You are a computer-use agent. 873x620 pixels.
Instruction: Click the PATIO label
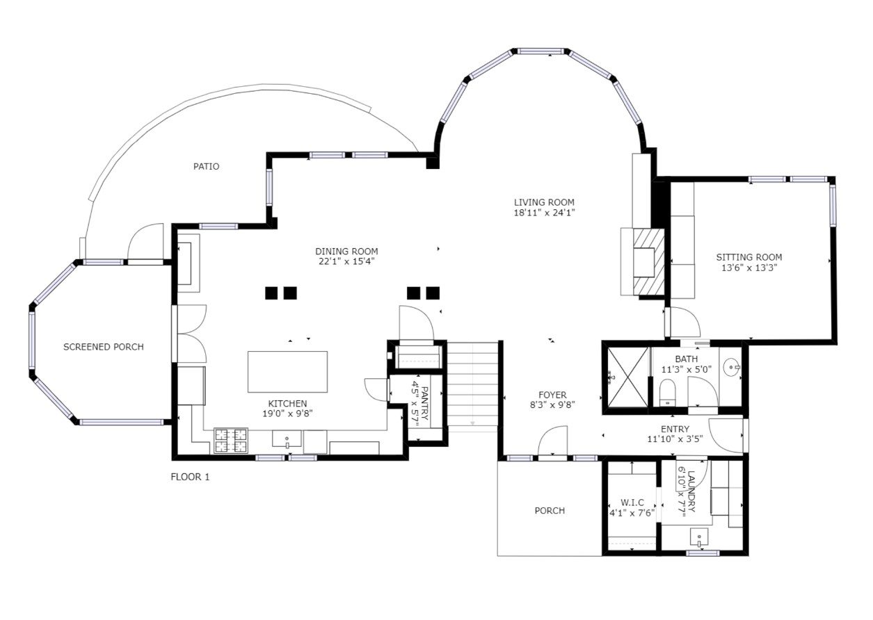206,167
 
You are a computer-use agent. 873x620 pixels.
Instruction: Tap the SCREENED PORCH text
103,347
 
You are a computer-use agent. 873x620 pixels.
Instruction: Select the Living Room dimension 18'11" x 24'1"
545,213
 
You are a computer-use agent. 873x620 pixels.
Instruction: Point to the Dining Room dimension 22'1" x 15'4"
346,261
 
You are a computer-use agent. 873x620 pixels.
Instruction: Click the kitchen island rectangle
287,372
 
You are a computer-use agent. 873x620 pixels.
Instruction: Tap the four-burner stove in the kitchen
231,441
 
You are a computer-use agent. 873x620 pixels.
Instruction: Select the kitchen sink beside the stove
287,439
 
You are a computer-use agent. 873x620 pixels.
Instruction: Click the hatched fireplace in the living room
648,263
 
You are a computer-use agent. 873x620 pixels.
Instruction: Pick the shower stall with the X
627,377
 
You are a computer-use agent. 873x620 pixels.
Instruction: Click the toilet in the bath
667,393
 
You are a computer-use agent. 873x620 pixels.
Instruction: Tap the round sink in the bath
732,367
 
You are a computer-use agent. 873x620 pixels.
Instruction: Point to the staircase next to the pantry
472,386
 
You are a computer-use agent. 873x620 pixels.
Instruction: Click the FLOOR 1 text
190,477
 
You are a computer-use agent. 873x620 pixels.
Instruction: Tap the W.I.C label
632,503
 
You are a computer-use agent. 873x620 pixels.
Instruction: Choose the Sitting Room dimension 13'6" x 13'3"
749,268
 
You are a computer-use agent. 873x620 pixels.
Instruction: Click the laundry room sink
699,537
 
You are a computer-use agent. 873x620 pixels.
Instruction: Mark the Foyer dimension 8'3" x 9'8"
552,405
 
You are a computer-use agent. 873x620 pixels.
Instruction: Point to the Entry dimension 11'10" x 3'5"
675,439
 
